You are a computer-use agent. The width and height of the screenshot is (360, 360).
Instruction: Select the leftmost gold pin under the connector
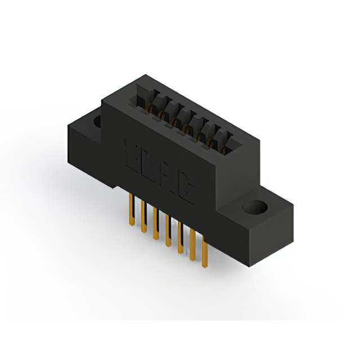131,210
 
